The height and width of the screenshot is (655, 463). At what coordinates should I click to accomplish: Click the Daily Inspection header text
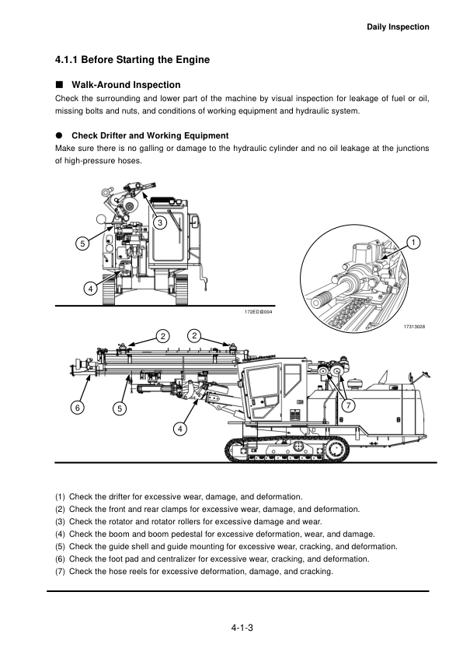tap(398, 27)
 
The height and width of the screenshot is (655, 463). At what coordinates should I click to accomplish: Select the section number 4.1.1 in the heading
tap(67, 60)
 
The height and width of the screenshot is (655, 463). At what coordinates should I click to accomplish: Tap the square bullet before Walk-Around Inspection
tap(59, 84)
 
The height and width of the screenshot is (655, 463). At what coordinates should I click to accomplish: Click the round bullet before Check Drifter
tap(59, 135)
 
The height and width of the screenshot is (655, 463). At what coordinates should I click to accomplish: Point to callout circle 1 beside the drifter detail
tap(413, 243)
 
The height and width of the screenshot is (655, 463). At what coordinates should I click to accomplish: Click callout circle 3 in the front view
tap(160, 222)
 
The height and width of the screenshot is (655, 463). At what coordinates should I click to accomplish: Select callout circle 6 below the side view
tap(78, 407)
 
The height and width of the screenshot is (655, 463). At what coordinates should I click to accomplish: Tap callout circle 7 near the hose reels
tap(348, 405)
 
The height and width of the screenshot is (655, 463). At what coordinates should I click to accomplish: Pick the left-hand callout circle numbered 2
tap(162, 336)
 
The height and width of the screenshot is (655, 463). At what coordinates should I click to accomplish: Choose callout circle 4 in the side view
tap(179, 429)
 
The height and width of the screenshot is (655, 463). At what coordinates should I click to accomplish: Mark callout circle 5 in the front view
tap(82, 243)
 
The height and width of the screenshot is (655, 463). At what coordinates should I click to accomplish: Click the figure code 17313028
tap(414, 327)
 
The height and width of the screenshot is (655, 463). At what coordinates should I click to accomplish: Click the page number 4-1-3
tap(242, 628)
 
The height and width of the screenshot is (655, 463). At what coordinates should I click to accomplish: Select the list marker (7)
tap(60, 572)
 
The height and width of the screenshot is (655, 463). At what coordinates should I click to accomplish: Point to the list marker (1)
tap(60, 496)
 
